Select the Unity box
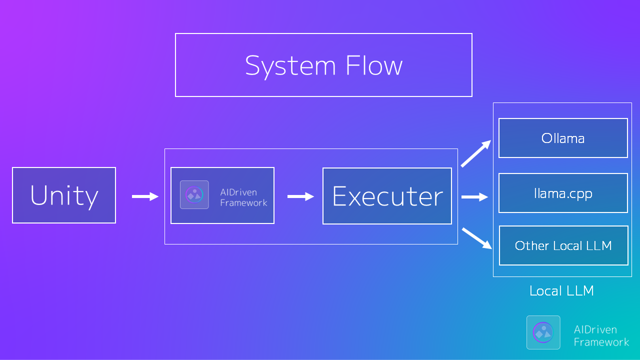[x=64, y=195]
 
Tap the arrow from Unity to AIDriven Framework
[x=145, y=196]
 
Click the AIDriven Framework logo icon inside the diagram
[x=194, y=194]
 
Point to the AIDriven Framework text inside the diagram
[x=243, y=197]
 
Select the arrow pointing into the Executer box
[x=300, y=196]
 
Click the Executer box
[x=387, y=196]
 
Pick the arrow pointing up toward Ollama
[x=476, y=153]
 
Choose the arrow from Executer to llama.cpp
[x=474, y=197]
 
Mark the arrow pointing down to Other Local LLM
[x=476, y=238]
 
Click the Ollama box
[x=563, y=138]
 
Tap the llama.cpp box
[x=563, y=193]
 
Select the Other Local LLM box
[x=563, y=245]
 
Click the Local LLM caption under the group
[x=561, y=291]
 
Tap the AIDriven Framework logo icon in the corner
[x=543, y=332]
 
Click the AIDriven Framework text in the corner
[x=601, y=335]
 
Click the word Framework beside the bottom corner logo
[x=601, y=342]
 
